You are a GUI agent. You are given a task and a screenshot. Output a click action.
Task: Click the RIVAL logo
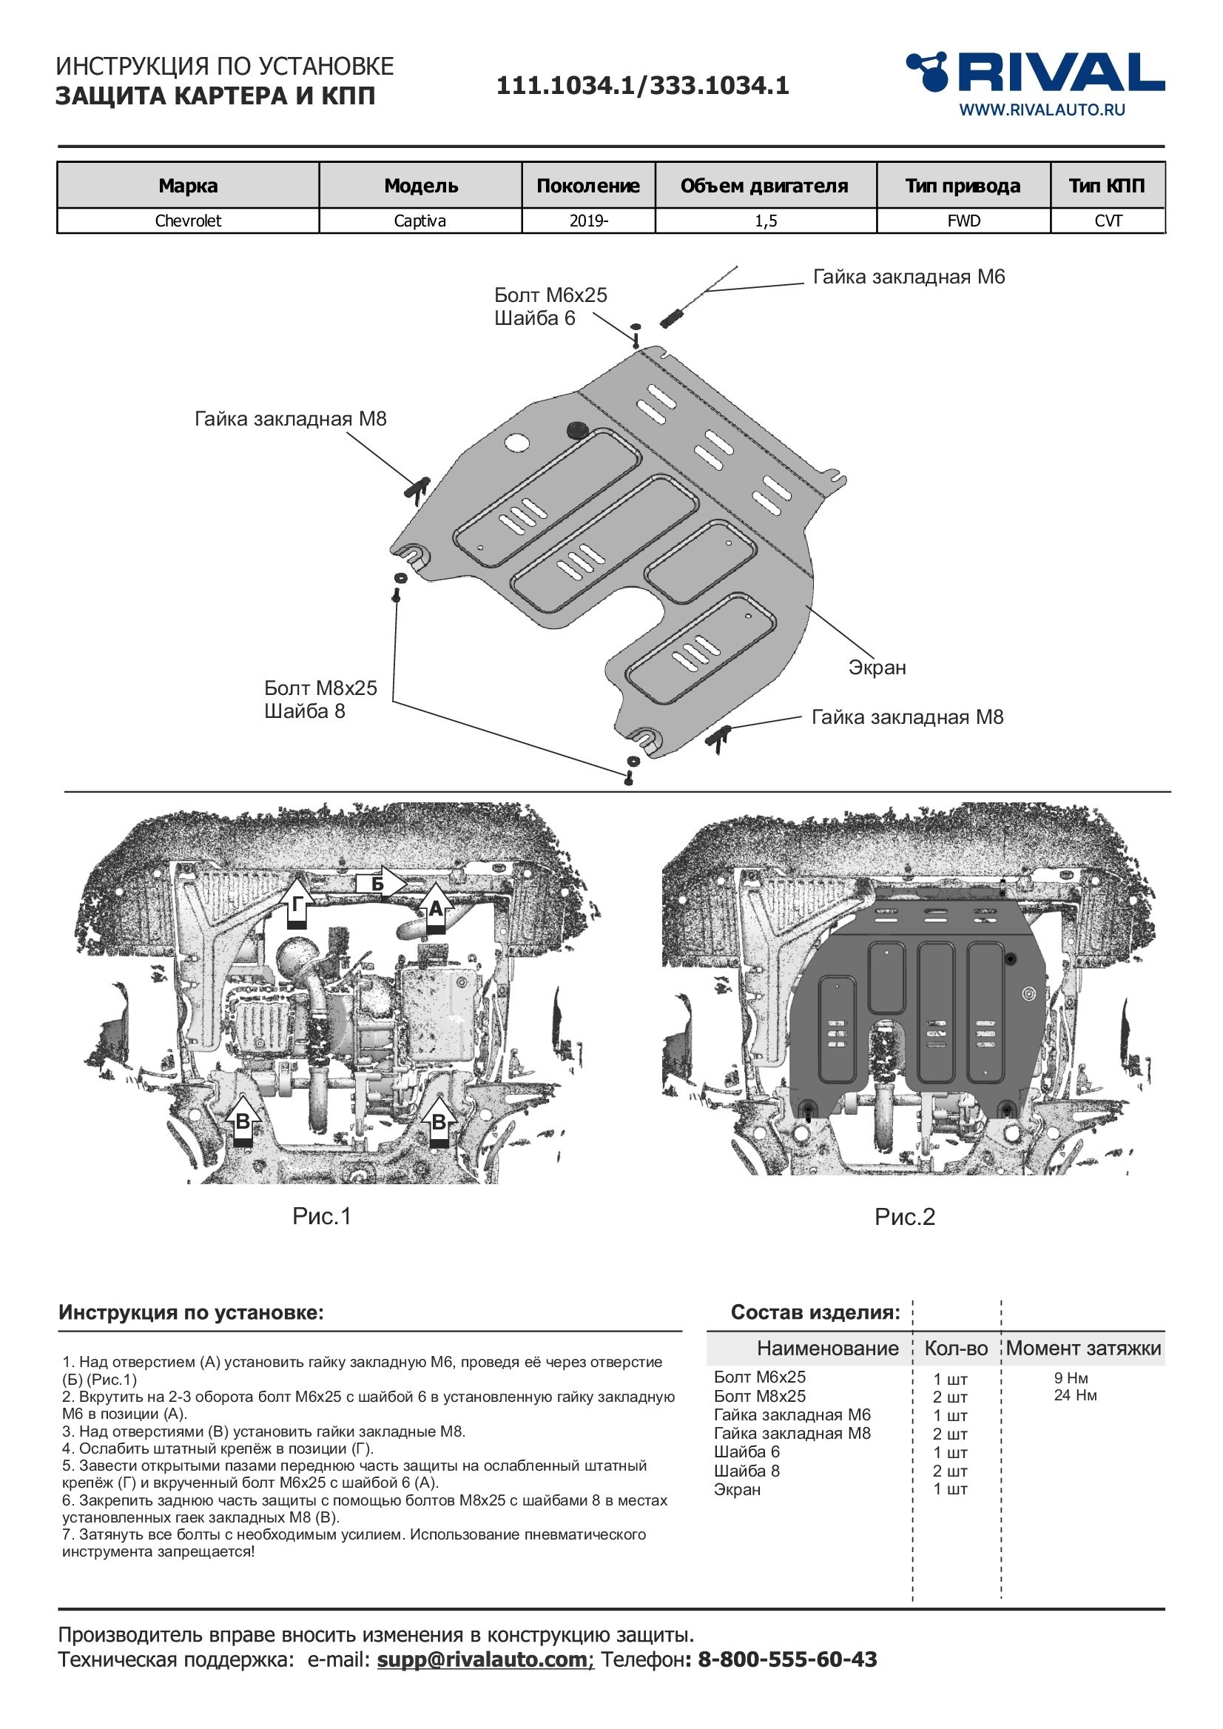[x=1036, y=73]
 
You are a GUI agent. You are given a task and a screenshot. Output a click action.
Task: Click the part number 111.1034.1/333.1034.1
[x=642, y=85]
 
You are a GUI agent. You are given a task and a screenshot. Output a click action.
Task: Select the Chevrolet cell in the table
[x=188, y=221]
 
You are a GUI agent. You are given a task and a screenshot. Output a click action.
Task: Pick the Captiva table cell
[x=420, y=221]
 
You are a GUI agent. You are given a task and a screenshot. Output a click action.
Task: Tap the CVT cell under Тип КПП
[x=1108, y=221]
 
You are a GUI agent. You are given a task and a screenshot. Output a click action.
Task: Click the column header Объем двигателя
[x=764, y=186]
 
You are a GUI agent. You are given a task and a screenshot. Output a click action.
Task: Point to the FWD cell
[x=964, y=221]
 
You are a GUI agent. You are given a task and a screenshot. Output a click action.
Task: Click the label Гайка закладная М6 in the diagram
[x=909, y=278]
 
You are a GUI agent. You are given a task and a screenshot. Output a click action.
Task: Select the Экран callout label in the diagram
[x=877, y=668]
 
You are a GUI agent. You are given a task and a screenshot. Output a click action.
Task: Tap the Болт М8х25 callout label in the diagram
[x=320, y=688]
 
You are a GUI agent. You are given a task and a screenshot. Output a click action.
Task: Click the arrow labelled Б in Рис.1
[x=380, y=884]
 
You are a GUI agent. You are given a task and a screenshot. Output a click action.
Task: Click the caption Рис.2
[x=904, y=1217]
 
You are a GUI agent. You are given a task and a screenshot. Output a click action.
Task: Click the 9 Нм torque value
[x=1071, y=1378]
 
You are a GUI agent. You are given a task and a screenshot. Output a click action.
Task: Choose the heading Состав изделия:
[x=815, y=1312]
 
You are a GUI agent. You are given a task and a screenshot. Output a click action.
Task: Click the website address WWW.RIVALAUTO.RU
[x=1042, y=110]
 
